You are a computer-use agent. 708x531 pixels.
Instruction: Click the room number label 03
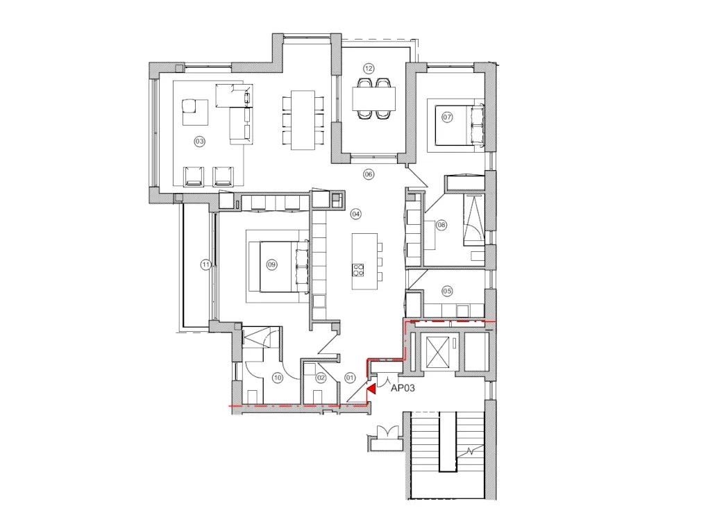pos(200,141)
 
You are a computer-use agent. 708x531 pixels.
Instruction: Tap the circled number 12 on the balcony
pos(369,68)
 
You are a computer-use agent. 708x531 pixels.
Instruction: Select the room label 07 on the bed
pos(447,117)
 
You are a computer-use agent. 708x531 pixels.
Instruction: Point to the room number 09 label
pos(271,264)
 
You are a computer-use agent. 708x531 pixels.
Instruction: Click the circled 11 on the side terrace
pos(205,264)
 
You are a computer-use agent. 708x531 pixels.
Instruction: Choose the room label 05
pos(447,291)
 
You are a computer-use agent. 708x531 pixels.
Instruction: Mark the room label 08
pos(441,224)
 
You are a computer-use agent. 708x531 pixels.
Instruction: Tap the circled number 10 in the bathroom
pos(277,378)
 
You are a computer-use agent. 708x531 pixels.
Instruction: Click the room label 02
pos(321,378)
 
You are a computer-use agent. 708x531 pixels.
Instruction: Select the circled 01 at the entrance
pos(350,378)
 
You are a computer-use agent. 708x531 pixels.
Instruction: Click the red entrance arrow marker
pos(371,389)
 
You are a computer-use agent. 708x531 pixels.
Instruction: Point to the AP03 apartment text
pos(403,389)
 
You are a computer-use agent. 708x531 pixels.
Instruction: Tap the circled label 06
pos(369,174)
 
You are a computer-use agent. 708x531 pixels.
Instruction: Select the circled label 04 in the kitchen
pos(355,214)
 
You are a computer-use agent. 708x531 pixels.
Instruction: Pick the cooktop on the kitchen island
pos(359,270)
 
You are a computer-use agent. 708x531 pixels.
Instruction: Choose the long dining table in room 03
pos(303,119)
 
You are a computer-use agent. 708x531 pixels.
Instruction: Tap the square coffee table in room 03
pos(195,112)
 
